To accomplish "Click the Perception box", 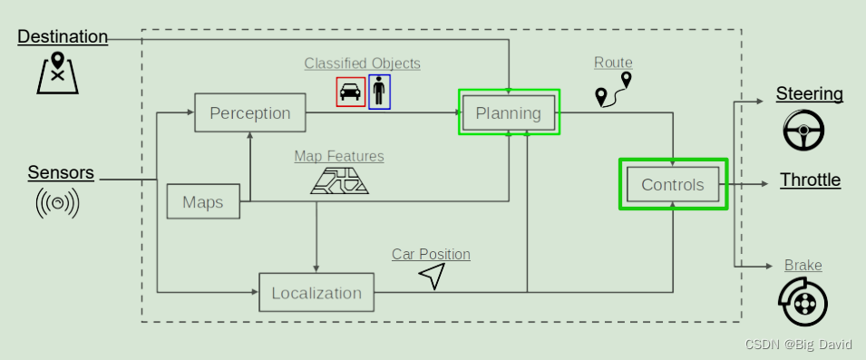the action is [249, 112].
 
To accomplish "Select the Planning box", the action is [509, 113].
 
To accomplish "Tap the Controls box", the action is [673, 184].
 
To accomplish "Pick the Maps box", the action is [203, 201].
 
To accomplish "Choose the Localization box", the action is [316, 292].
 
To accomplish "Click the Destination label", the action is [63, 36].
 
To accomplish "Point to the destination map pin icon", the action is [57, 73].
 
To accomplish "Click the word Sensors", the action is [61, 173].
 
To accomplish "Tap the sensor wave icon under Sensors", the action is [57, 203].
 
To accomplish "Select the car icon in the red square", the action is [351, 92].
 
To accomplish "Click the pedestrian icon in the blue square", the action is [379, 92].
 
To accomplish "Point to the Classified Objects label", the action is [363, 63].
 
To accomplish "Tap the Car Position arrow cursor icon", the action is [434, 275].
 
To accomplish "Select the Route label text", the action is [613, 63].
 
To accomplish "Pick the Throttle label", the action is [810, 180].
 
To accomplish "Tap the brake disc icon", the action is [803, 303].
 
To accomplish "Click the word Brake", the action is [803, 266].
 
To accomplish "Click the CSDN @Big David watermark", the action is [798, 345].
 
